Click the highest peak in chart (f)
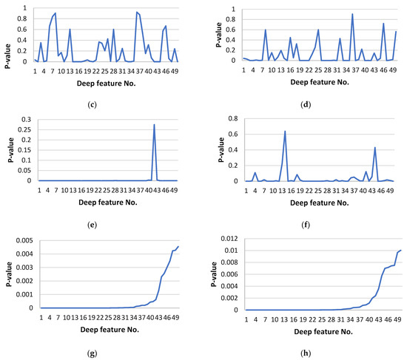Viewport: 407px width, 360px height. pos(286,132)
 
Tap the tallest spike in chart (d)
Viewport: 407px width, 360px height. pos(352,14)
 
